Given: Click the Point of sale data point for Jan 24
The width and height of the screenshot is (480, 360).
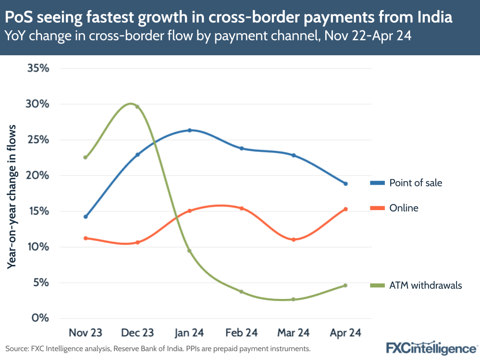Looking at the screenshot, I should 190,130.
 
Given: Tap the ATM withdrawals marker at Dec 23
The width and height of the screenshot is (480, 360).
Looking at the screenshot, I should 137,107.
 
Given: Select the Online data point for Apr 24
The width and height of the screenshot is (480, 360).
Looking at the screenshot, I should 345,209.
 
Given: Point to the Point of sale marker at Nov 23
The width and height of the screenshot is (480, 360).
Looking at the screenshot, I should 86,217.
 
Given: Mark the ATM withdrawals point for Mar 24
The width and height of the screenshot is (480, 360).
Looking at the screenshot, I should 294,299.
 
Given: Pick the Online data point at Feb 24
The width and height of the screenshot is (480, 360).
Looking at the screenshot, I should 242,209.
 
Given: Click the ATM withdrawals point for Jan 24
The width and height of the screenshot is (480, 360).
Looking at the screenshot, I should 190,251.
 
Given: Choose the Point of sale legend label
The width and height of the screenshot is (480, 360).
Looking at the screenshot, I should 416,183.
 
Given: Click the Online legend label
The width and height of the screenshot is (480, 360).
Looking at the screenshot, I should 404,208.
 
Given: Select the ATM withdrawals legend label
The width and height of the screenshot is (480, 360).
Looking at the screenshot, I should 425,286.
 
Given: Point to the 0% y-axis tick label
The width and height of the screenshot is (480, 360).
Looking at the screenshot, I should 40,318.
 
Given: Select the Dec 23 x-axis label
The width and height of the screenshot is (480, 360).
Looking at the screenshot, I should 137,333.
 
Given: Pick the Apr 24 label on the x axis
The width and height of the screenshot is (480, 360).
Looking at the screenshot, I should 345,333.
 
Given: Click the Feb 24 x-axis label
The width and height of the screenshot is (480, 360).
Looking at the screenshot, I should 242,333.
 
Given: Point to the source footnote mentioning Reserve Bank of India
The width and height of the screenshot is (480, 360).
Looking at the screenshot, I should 158,348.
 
